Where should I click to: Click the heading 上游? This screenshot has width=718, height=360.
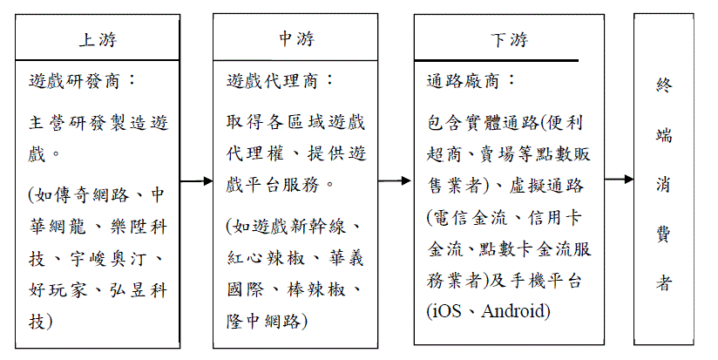tap(98, 39)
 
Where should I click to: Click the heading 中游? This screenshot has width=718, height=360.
tap(296, 38)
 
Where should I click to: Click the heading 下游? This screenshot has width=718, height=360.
tap(509, 39)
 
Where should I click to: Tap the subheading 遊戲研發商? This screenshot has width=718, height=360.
tap(74, 82)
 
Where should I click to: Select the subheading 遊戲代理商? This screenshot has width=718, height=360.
tap(272, 82)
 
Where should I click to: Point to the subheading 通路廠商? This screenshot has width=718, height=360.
tap(463, 82)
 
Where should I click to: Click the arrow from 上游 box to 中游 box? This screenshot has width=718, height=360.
tap(196, 181)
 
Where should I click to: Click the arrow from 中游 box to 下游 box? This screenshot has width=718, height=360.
tap(394, 181)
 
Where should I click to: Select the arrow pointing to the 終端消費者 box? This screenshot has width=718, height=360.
tap(619, 179)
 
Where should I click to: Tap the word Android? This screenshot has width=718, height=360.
tap(515, 311)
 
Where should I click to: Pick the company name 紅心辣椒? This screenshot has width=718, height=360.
tap(266, 258)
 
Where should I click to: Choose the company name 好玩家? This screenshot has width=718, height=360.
tap(58, 290)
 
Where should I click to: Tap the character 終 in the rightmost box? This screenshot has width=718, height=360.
tap(663, 85)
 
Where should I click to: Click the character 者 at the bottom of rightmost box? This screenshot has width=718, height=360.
tap(663, 282)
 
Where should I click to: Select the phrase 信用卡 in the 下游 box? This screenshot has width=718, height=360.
tap(555, 217)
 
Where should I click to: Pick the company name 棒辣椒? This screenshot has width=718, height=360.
tap(316, 289)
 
